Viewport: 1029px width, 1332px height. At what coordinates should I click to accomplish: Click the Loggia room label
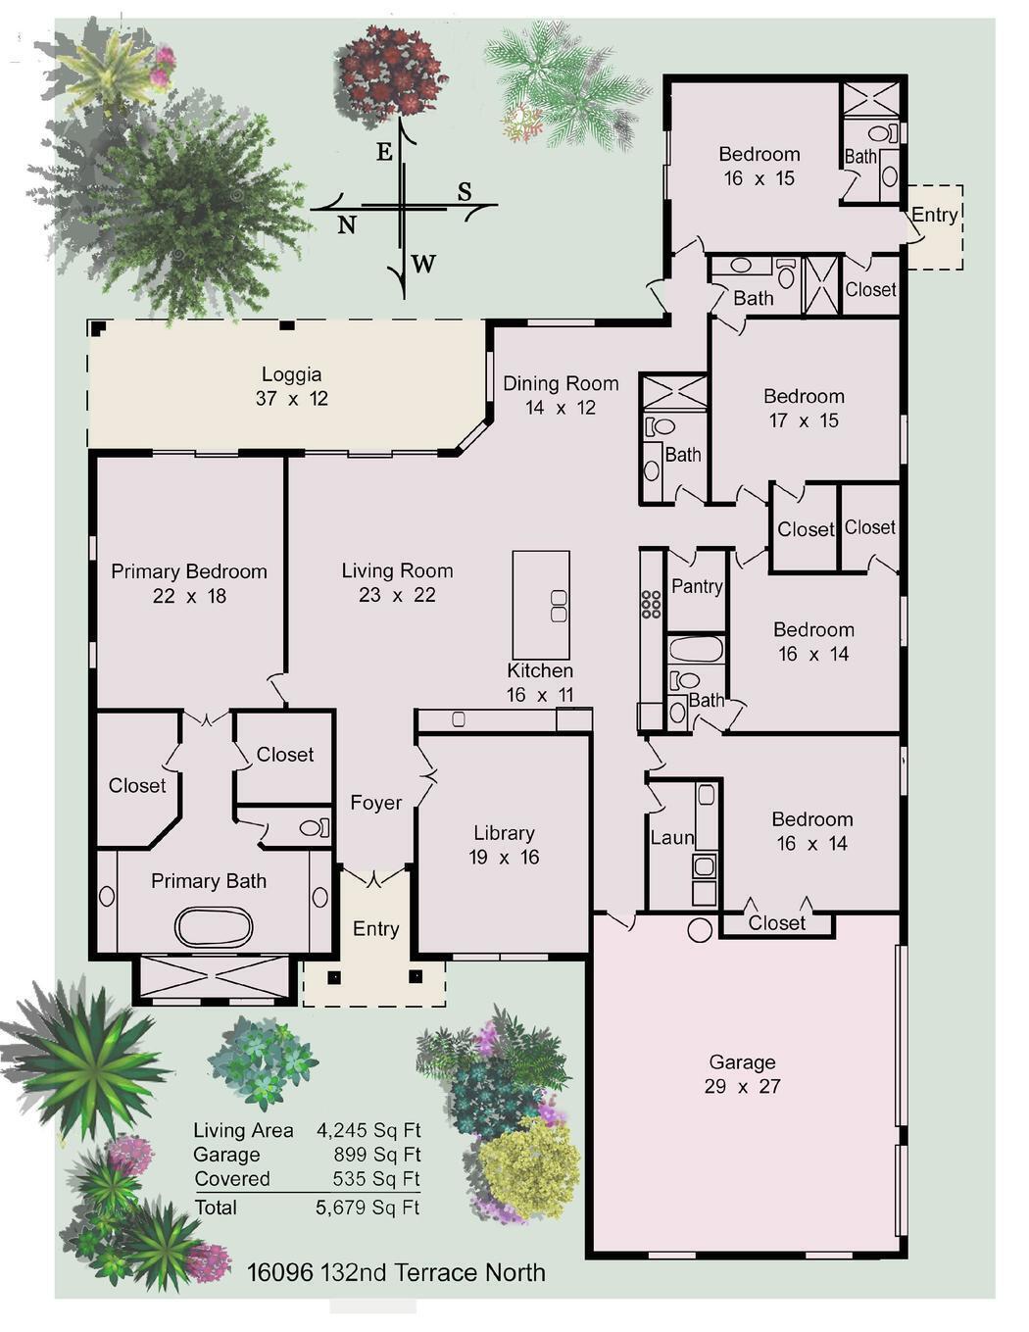(291, 374)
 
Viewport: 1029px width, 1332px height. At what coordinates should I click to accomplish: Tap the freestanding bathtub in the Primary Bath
(214, 925)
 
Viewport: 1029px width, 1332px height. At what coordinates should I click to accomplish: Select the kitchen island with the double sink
(541, 605)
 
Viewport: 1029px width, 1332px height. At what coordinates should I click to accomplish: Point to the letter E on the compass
(384, 152)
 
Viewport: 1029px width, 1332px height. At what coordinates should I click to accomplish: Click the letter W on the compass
(423, 263)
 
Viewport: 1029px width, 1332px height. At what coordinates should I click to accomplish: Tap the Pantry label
(697, 586)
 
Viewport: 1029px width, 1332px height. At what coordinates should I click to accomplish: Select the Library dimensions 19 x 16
(504, 858)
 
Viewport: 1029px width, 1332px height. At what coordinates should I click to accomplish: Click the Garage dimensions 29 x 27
(742, 1086)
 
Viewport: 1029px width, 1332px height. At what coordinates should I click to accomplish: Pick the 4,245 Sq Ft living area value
(368, 1130)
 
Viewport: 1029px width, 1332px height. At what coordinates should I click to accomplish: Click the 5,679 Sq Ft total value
(367, 1208)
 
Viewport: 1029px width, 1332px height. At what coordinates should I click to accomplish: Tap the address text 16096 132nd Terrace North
(396, 1273)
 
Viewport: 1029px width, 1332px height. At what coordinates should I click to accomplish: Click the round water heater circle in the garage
(700, 929)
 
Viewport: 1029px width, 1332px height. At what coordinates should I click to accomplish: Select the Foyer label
(375, 803)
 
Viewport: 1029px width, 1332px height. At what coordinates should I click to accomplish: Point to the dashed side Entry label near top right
(934, 215)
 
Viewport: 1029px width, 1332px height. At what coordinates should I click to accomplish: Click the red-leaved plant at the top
(390, 71)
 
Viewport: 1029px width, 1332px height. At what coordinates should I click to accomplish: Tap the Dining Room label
(561, 383)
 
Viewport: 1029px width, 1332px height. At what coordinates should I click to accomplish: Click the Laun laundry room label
(671, 838)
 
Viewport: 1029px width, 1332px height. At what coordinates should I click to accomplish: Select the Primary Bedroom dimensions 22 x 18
(189, 596)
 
